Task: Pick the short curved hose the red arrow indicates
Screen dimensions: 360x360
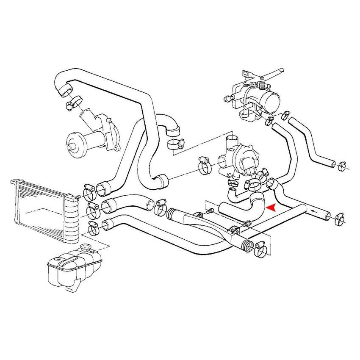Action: pos(241,204)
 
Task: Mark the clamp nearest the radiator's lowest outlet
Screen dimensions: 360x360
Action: pos(93,228)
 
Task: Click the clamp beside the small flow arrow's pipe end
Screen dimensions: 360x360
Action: pos(339,218)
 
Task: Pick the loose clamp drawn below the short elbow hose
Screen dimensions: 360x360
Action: pos(175,144)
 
